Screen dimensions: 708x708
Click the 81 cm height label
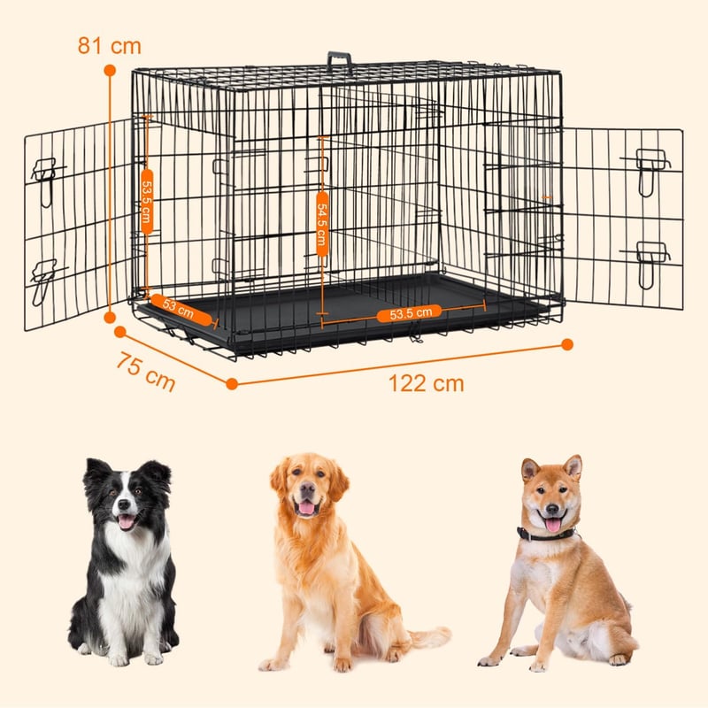(109, 46)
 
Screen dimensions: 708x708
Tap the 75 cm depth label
(146, 371)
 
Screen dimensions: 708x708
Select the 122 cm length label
(427, 383)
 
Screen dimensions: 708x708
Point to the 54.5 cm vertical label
(322, 224)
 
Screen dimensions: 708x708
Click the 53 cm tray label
(181, 309)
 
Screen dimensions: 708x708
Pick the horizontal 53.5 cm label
(409, 313)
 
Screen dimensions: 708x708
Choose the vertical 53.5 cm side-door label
(147, 202)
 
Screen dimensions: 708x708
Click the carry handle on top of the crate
(340, 61)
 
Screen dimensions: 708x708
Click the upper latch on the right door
(648, 167)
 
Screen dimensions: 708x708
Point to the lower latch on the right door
(647, 261)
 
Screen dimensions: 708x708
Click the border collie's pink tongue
(127, 521)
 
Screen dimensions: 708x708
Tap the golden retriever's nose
(307, 488)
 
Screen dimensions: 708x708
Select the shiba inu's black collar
(545, 534)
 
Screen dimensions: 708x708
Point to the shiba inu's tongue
(553, 525)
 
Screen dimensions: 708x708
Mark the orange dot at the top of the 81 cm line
(110, 70)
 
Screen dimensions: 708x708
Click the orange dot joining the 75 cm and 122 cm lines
(232, 384)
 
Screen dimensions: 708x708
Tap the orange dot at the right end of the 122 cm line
(567, 344)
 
